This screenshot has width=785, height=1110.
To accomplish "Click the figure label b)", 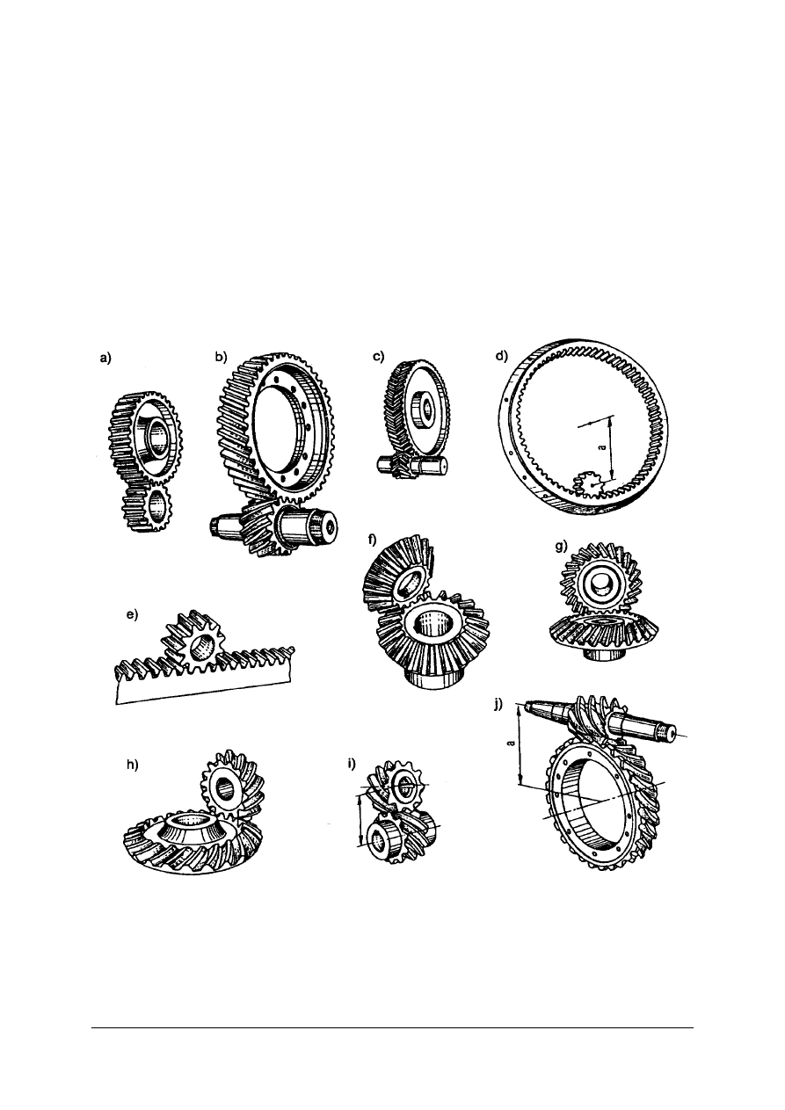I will click(222, 357).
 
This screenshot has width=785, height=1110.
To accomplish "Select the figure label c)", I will click(379, 357).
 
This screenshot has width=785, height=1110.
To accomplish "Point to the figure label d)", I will click(502, 357).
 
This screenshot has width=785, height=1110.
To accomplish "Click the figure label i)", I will click(353, 763).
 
